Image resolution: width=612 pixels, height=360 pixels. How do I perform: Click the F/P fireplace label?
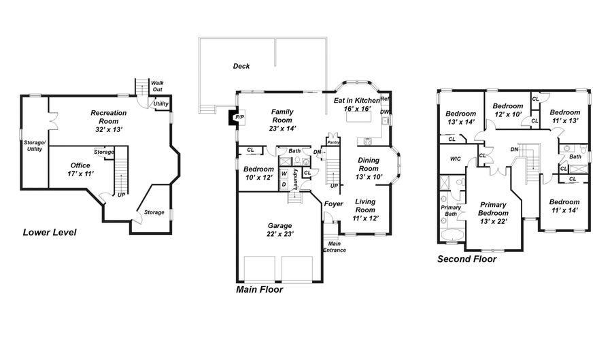(x=239, y=117)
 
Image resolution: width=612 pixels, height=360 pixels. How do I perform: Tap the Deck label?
(x=241, y=66)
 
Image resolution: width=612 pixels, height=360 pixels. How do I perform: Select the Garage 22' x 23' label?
(x=280, y=230)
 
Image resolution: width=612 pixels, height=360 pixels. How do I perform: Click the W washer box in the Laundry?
(x=284, y=174)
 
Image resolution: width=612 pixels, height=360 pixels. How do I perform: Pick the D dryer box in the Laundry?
(x=284, y=184)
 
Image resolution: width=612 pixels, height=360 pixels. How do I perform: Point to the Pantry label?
(x=333, y=142)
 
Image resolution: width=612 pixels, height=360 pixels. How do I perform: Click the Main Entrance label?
(x=335, y=247)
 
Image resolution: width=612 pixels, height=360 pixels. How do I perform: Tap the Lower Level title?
(x=50, y=232)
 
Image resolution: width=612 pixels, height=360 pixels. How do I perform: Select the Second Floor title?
(x=466, y=259)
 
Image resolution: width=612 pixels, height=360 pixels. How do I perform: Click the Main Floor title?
(x=260, y=289)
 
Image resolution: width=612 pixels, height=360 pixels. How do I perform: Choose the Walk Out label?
(x=157, y=86)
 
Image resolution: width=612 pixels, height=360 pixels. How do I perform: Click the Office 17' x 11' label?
(x=80, y=169)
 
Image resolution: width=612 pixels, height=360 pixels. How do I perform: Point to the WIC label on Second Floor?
(x=455, y=159)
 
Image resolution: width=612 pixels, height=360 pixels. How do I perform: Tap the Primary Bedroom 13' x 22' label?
(x=494, y=213)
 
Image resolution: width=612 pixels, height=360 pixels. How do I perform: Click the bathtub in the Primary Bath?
(x=453, y=235)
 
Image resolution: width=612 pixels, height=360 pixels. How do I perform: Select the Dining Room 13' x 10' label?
(x=369, y=168)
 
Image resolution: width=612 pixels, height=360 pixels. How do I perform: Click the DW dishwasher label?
(x=385, y=112)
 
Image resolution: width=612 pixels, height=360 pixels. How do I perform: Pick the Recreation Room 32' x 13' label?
(x=109, y=121)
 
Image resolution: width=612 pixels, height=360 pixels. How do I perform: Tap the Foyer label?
(x=334, y=203)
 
